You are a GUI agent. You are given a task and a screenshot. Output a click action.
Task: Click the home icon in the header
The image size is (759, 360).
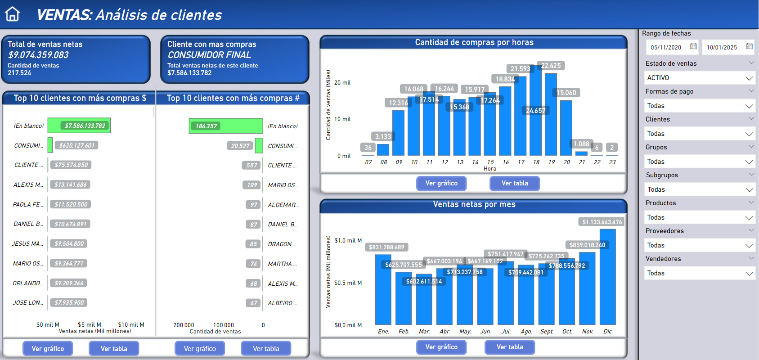click(13, 14)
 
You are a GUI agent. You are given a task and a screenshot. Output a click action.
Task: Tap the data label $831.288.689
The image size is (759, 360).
click(386, 247)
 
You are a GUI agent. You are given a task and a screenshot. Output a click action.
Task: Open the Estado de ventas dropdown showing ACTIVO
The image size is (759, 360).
click(699, 78)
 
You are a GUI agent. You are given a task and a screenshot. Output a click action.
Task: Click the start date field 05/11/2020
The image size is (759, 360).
click(666, 47)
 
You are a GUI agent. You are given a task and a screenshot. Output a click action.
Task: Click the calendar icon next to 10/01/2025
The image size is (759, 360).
click(749, 46)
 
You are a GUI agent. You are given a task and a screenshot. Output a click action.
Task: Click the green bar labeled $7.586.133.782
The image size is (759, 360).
click(79, 126)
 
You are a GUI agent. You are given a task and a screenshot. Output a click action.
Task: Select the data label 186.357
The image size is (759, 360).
click(206, 126)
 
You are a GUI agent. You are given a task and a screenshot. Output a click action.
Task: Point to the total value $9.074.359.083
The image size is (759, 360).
click(38, 55)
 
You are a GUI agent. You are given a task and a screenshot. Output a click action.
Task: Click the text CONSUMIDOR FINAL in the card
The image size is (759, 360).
click(209, 55)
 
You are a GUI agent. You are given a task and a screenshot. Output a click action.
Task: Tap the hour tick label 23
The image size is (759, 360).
click(612, 162)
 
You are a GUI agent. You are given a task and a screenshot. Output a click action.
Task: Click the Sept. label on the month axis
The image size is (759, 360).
click(547, 332)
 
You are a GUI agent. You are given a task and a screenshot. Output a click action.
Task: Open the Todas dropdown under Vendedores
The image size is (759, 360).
click(699, 273)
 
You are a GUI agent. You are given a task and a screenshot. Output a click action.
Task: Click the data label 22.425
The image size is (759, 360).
click(551, 66)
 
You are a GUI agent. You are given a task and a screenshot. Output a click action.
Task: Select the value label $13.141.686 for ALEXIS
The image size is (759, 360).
click(71, 184)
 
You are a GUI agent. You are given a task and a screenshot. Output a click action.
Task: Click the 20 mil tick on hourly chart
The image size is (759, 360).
click(342, 83)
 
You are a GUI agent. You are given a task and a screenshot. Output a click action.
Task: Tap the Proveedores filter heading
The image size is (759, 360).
click(665, 231)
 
